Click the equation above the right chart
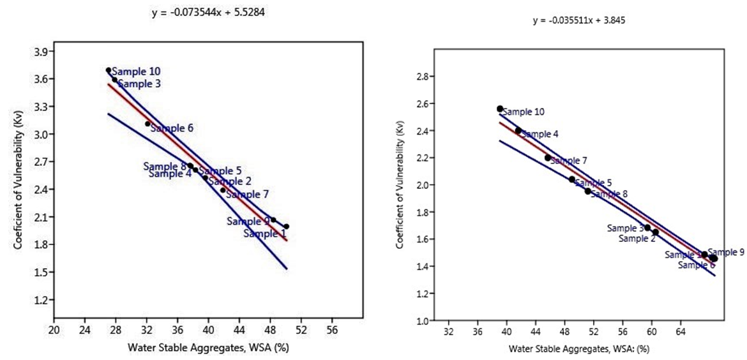pos(578,20)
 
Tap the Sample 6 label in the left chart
pos(172,128)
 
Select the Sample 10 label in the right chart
pos(524,112)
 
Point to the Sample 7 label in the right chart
pos(570,161)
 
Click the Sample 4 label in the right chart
pos(540,135)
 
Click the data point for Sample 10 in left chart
pos(109,70)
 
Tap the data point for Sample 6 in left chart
pos(148,124)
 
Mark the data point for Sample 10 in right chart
pos(500,109)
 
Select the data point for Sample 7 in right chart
pos(548,158)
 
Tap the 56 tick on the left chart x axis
pos(332,331)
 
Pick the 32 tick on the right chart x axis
pos(448,333)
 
